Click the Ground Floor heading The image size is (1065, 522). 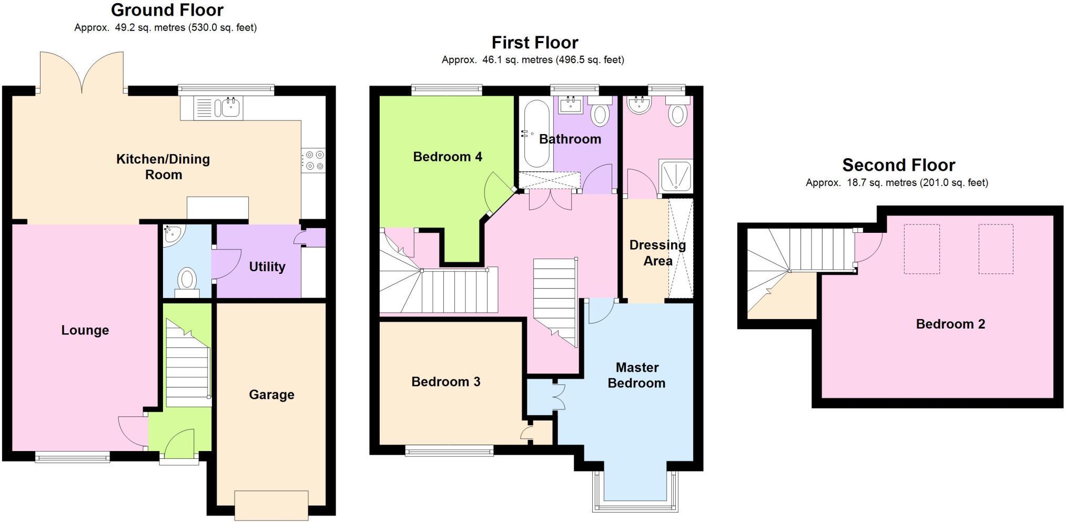[167, 10]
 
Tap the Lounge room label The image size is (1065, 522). [85, 330]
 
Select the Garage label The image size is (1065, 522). [271, 395]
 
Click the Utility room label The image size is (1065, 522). [267, 267]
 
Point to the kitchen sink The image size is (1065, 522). [231, 108]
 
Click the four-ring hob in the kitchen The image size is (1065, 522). [313, 160]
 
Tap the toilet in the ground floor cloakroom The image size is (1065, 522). [187, 279]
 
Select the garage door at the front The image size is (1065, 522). [271, 504]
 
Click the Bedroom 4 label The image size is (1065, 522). [447, 157]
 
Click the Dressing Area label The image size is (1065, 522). [657, 253]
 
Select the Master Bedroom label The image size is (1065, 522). [636, 375]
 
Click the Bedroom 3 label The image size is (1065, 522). [445, 382]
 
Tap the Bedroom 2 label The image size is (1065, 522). [950, 324]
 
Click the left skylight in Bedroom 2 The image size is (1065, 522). [921, 249]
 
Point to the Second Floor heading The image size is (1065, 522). [898, 165]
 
